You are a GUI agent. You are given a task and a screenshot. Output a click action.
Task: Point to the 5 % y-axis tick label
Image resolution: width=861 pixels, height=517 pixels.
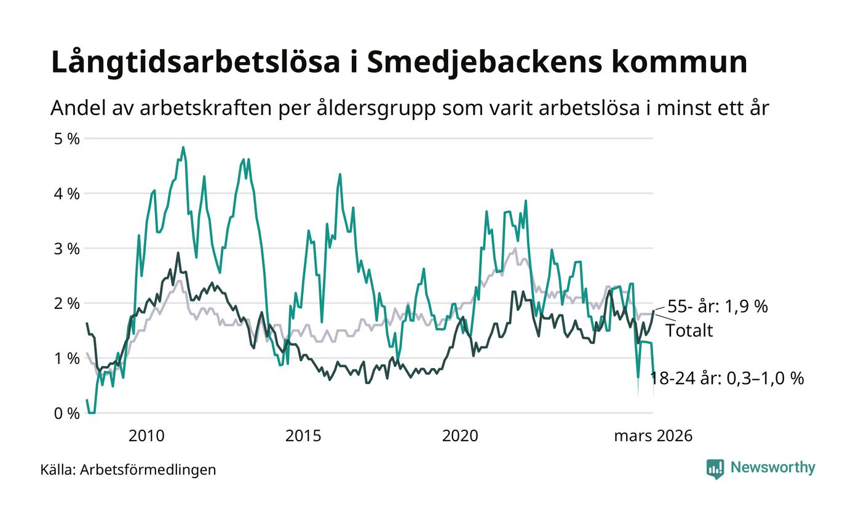(x=67, y=138)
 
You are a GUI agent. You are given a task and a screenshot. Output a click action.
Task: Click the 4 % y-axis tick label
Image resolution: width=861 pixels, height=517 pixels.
(x=67, y=193)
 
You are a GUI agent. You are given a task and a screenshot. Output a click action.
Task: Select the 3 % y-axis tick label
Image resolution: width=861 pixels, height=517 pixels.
(x=67, y=249)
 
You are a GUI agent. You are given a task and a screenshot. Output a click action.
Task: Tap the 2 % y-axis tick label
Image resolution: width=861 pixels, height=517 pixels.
(x=67, y=303)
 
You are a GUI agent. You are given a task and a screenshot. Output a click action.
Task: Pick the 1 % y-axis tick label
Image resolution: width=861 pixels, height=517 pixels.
(x=67, y=358)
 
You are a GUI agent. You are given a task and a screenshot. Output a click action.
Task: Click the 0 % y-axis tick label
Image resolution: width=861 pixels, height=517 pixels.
(x=67, y=413)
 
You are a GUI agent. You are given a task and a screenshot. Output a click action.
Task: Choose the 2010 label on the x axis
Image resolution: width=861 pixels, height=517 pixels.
(x=146, y=436)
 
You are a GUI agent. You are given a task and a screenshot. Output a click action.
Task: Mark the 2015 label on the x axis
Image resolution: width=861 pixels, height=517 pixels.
(x=303, y=436)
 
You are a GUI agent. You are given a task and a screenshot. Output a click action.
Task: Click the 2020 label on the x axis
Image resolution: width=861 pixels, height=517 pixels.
(x=460, y=436)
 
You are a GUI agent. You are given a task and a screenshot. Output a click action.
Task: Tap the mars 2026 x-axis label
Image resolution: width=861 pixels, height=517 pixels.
(x=653, y=436)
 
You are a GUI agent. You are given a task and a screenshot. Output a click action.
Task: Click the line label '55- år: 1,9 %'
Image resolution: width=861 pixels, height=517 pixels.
(x=718, y=306)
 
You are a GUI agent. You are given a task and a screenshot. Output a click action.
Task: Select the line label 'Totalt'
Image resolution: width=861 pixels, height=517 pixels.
(x=689, y=331)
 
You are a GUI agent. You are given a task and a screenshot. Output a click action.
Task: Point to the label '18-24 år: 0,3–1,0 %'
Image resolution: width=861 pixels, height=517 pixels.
(x=727, y=379)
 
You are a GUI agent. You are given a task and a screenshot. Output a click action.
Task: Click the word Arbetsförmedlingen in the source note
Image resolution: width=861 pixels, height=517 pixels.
(x=148, y=470)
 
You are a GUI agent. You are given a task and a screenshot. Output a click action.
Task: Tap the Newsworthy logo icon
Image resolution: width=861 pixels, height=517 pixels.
(x=715, y=468)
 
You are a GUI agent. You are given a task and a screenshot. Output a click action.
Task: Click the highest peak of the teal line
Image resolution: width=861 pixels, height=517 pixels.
(x=183, y=148)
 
